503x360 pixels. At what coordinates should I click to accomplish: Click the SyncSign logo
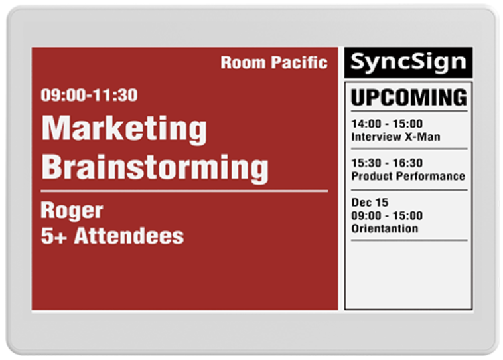coord(408,62)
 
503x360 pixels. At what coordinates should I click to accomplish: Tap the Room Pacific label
coord(274,62)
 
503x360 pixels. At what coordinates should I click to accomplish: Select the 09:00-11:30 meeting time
coord(89,95)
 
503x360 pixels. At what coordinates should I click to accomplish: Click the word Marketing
coord(125,129)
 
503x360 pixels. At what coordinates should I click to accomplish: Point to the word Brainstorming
coord(155,168)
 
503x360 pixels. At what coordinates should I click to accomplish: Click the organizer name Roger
coord(72,211)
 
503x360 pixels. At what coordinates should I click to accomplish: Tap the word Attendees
coord(129,236)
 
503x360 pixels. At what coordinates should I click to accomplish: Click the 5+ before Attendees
coord(54,236)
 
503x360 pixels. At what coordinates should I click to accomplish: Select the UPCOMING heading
coord(409,97)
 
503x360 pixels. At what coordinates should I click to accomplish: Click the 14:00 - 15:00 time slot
coord(387,124)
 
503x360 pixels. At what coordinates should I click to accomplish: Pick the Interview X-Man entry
coord(395,137)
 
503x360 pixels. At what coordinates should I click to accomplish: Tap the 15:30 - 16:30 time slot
coord(387,163)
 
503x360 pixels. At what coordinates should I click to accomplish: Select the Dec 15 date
coord(370,203)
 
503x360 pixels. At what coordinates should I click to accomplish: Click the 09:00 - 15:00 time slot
coord(387,215)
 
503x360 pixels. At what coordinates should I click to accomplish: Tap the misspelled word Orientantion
coord(385,228)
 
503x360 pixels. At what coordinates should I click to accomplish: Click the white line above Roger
coord(184,191)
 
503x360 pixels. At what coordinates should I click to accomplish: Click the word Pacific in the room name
coord(299,62)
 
